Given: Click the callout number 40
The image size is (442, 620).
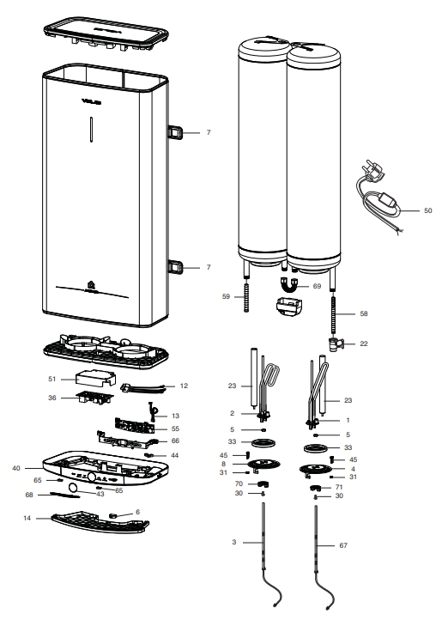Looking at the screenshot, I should (x=39, y=468).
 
